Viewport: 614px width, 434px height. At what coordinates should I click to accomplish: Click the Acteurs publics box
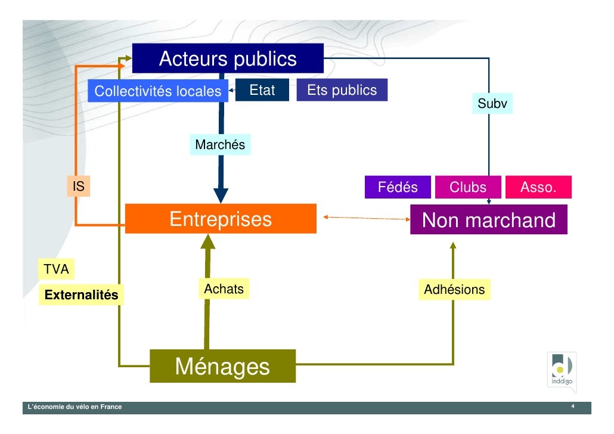click(228, 59)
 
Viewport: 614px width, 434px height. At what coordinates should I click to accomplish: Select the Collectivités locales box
click(158, 92)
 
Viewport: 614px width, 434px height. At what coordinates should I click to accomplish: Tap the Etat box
click(262, 91)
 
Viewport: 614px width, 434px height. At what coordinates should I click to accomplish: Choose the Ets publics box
click(342, 91)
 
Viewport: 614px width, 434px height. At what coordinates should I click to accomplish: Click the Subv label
click(492, 104)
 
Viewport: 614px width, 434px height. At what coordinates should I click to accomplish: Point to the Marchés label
click(220, 145)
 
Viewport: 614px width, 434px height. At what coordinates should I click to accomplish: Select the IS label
click(78, 187)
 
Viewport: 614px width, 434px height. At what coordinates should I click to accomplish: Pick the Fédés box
click(398, 188)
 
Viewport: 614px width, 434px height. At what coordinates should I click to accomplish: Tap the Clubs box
click(468, 188)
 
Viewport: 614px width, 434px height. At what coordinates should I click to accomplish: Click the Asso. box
click(538, 188)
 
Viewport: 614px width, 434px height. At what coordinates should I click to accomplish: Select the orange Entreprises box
click(221, 219)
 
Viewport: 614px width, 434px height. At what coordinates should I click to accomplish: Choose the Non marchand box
click(489, 221)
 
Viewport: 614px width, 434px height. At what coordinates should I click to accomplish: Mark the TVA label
click(57, 269)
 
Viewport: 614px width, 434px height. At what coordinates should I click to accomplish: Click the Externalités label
click(82, 295)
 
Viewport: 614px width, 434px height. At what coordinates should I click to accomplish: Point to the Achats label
click(224, 289)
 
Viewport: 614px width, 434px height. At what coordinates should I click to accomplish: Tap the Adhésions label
click(454, 290)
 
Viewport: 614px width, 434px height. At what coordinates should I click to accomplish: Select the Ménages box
click(222, 366)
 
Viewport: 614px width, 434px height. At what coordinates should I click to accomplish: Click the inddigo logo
click(562, 371)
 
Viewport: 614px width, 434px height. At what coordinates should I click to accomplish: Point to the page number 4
click(572, 407)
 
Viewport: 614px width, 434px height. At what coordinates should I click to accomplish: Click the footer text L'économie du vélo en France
click(72, 407)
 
